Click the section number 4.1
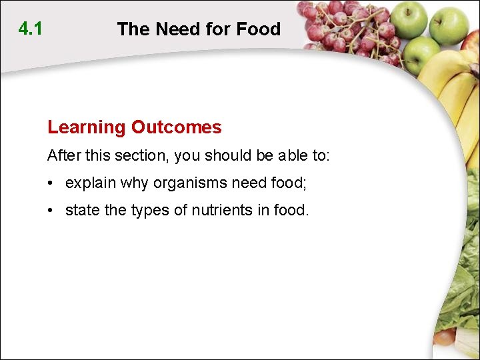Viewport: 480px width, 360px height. coord(30,29)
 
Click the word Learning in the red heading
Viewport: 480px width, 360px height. coord(86,127)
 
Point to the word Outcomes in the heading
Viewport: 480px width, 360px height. coord(176,127)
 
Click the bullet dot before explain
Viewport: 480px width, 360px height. coord(51,183)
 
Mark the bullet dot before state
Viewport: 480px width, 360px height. coord(51,211)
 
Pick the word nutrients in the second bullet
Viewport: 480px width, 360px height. coord(221,211)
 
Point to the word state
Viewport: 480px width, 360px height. coord(82,211)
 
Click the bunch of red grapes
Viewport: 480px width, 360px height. coord(347,30)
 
